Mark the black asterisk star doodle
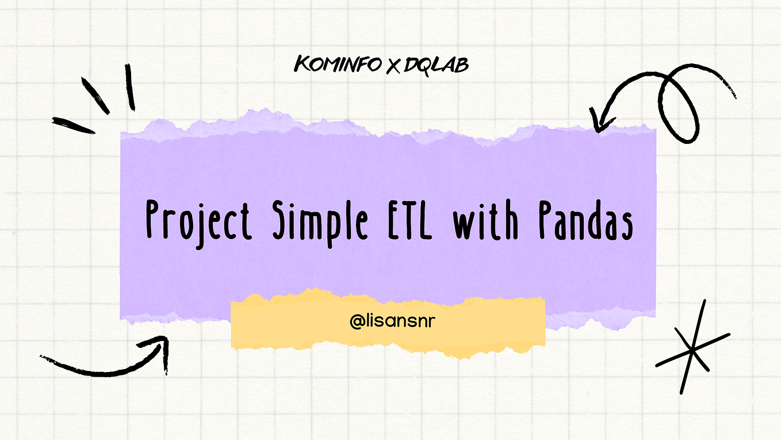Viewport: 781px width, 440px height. click(x=692, y=347)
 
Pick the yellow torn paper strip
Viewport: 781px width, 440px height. click(x=388, y=323)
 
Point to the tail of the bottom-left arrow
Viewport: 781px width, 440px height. click(x=46, y=358)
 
